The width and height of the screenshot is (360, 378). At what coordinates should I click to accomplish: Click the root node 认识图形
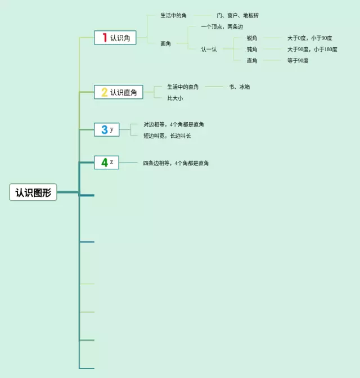33,192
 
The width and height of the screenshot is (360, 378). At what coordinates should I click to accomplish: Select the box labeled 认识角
115,38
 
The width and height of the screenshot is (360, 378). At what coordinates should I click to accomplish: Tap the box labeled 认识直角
119,92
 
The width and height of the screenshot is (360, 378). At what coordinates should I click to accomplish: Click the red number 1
104,38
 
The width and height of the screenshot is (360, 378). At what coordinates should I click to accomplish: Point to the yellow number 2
104,92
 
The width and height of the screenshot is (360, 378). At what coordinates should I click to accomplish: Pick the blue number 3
104,130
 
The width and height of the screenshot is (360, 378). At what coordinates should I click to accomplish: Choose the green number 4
104,163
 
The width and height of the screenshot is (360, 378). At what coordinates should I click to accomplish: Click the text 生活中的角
173,16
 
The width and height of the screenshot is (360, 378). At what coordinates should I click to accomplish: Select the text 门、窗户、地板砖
237,16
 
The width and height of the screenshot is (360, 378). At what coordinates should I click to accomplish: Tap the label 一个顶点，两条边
222,27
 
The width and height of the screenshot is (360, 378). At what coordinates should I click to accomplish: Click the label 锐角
252,38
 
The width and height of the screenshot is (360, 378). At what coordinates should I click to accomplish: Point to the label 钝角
252,49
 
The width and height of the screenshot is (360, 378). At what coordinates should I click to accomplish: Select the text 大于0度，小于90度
309,38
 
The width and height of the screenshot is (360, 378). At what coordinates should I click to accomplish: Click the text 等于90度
298,61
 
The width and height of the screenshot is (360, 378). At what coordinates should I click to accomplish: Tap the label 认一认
209,49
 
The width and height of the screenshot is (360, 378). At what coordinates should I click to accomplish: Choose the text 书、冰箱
239,87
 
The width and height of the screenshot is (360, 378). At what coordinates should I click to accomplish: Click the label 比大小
174,98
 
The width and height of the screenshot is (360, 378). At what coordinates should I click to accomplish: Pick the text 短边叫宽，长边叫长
167,136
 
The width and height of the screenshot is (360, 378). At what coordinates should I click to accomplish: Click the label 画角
165,44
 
